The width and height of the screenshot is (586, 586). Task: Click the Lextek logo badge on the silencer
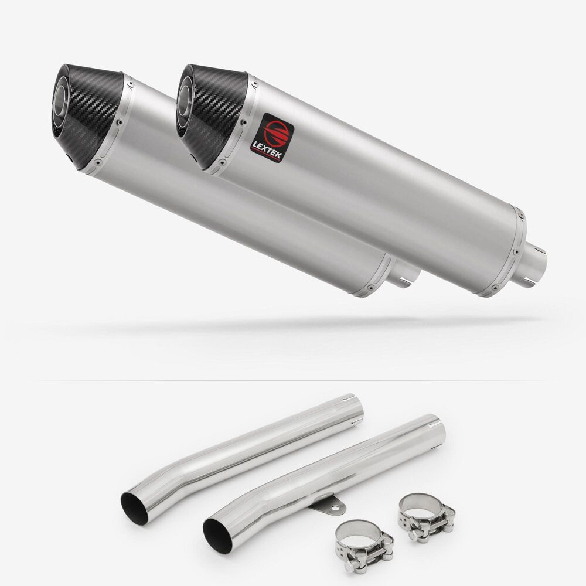272,138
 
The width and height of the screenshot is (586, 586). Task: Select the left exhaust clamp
364,546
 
